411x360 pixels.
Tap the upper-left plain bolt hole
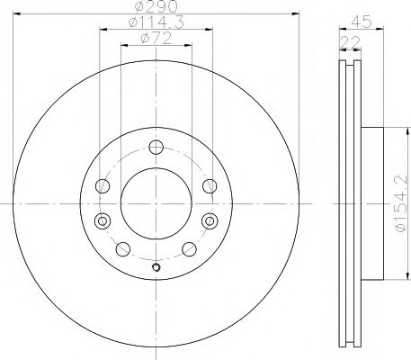coord(103,186)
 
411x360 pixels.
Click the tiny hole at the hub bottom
coord(156,266)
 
